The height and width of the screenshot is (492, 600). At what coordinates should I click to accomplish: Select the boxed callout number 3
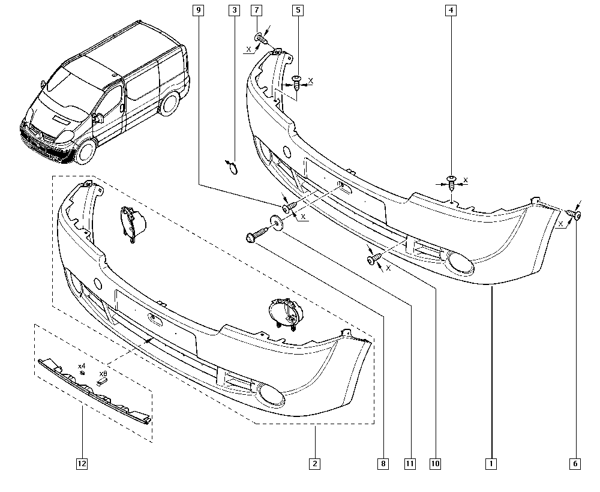point(235,10)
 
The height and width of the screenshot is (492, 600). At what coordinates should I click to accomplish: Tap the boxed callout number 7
point(256,10)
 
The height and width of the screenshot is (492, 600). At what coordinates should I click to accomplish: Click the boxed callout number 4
point(451,10)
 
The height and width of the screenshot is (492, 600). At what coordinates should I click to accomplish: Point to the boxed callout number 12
point(81,463)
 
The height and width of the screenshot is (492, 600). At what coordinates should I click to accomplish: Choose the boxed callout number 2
point(314,463)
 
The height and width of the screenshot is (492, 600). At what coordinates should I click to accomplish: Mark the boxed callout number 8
point(383,463)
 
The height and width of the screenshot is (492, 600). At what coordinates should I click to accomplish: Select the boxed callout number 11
point(410,463)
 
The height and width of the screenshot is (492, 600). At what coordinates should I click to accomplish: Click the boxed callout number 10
point(435,463)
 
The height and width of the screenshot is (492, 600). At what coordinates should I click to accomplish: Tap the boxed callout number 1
point(491,463)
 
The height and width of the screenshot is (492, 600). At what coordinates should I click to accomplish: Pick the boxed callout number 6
point(577,463)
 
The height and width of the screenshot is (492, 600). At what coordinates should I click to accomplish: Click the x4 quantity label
point(82,365)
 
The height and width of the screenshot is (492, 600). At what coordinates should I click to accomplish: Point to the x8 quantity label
point(103,373)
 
